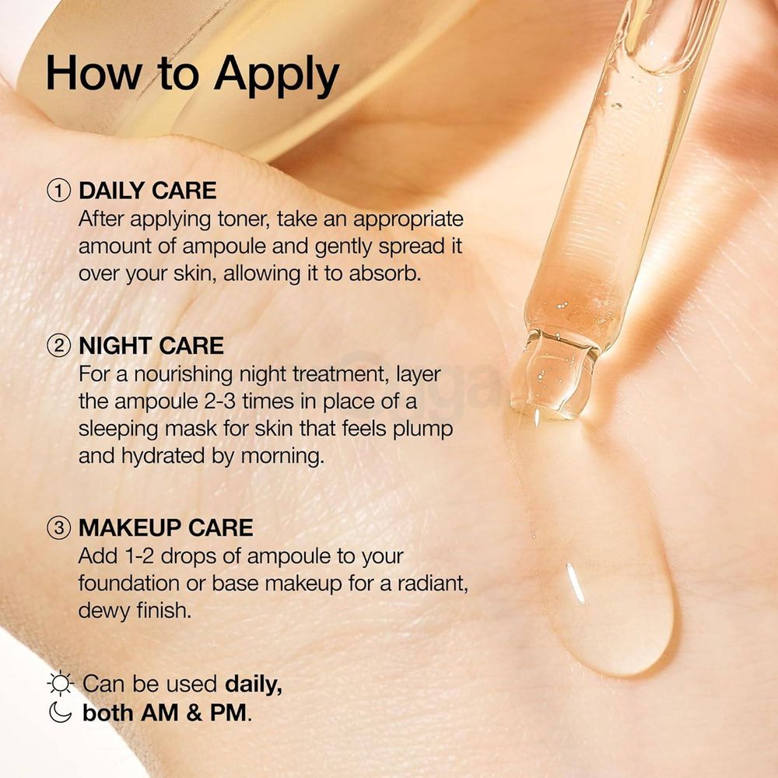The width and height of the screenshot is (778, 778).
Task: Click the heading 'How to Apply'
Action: point(192,75)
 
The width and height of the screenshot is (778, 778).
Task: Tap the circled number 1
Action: point(60,191)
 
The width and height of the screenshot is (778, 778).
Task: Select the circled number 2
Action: point(60,345)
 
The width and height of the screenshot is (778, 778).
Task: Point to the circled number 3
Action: point(60,528)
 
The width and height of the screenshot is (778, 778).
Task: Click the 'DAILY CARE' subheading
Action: point(147,191)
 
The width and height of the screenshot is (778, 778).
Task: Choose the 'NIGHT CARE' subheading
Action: point(151,345)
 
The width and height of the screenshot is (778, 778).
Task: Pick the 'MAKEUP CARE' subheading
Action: point(166,528)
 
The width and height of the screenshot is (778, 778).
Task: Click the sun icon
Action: point(60,684)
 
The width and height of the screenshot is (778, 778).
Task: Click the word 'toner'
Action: point(237,219)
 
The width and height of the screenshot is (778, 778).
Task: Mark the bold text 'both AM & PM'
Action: point(166,713)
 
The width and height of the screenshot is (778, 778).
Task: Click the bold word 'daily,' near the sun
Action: point(253,684)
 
